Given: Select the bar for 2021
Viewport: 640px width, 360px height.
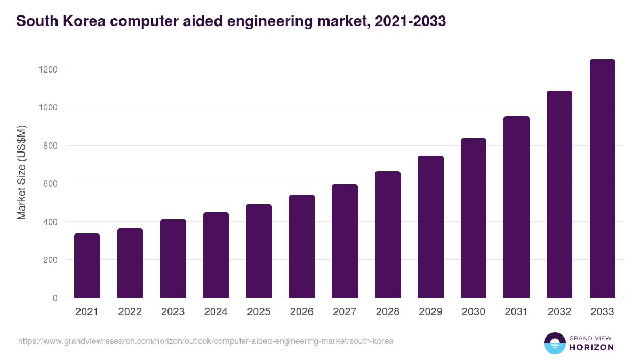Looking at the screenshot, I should point(87,265).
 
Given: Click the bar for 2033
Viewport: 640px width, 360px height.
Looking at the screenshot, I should point(602,178).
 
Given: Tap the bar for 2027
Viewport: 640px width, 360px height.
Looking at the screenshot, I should point(345,241).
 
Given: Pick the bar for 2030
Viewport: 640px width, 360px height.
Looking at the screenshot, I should point(474,218).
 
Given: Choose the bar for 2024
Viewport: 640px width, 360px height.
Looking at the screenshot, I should point(216,255).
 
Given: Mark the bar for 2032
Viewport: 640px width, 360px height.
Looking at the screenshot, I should point(559,194).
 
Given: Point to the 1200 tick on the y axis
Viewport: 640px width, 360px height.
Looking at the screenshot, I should point(47,69).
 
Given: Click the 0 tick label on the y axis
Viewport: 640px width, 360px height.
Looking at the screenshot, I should point(54,298).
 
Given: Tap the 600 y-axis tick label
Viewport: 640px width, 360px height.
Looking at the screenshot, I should point(50,183).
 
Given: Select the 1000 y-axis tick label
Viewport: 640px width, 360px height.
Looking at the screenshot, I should point(47,107).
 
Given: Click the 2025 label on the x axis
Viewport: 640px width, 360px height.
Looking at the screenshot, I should point(259,312).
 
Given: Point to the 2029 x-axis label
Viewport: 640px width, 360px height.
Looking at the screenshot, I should point(430,312).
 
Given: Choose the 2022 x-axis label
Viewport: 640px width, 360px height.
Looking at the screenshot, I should point(130,312).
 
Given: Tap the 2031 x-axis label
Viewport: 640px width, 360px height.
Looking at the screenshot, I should point(516,312).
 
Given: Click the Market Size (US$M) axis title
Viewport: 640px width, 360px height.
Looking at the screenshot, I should point(21,172).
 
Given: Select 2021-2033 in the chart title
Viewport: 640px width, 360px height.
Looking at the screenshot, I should point(410,21).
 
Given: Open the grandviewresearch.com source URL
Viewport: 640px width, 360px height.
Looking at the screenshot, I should point(205,341).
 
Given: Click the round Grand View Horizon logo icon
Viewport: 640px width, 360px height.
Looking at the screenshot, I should point(554,343).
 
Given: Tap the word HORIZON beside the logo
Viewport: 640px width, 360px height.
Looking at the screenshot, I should point(591,347).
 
